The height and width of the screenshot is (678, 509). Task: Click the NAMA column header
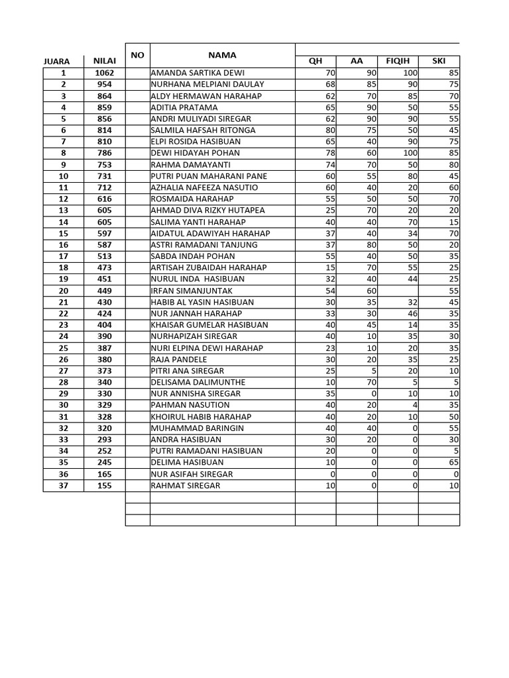tap(221, 55)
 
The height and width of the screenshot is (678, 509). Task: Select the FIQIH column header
tap(398, 62)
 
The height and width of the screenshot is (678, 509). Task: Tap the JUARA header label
tap(56, 62)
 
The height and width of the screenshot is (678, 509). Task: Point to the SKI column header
tap(439, 62)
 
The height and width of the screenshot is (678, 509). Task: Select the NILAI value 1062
tap(104, 73)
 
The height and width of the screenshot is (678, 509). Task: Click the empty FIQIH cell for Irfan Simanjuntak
tap(398, 290)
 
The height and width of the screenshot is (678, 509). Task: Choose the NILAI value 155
tap(104, 485)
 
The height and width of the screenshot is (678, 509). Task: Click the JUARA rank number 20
tap(64, 290)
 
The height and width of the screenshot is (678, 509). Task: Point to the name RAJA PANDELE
tap(179, 360)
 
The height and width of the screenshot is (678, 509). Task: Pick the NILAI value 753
tap(104, 165)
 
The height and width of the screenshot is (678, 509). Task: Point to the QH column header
tap(315, 62)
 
